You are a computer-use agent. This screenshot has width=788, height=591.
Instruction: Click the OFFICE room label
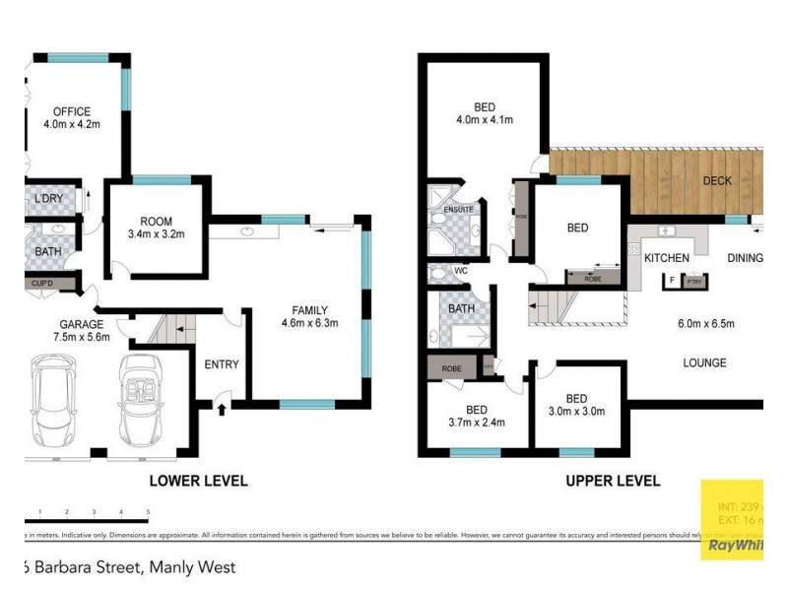72,111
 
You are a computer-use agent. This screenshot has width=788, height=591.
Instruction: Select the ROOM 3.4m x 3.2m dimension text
157,235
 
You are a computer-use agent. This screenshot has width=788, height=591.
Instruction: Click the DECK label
716,181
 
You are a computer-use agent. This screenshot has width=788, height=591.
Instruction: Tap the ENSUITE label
459,210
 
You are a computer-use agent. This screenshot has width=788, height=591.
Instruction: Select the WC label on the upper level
460,271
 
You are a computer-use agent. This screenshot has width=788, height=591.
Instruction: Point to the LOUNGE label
704,363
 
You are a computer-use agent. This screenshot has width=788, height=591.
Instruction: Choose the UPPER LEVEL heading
612,482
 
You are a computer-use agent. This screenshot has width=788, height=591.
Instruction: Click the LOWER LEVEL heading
198,482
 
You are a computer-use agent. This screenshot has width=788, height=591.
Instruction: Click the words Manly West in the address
192,568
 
